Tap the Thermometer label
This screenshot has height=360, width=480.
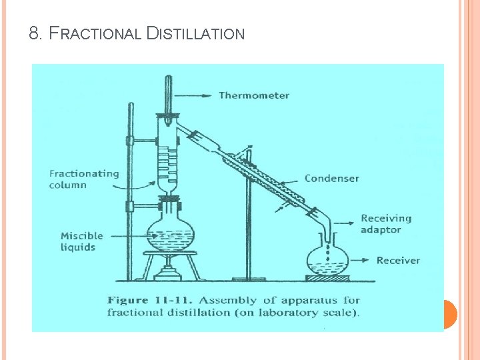254,95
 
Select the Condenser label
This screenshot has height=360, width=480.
331,178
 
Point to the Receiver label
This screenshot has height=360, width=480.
398,260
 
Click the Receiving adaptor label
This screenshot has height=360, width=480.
386,224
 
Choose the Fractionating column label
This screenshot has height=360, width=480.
84,179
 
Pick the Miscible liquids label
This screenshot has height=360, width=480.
82,241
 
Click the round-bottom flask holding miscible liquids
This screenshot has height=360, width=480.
171,233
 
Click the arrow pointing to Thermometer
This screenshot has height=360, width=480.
198,95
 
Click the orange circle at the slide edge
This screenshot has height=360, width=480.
449,313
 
